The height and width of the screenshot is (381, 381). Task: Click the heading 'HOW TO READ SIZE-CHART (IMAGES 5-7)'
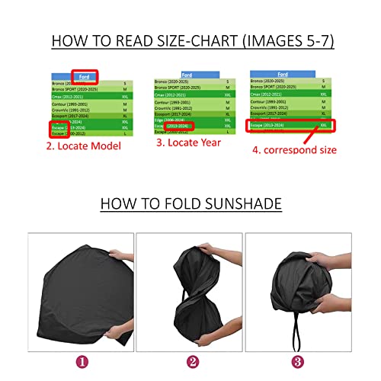coord(190,40)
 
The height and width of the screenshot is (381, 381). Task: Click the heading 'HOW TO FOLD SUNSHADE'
coord(190,203)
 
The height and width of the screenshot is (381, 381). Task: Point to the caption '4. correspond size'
coord(294,150)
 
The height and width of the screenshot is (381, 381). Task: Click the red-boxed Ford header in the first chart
coord(85,75)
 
